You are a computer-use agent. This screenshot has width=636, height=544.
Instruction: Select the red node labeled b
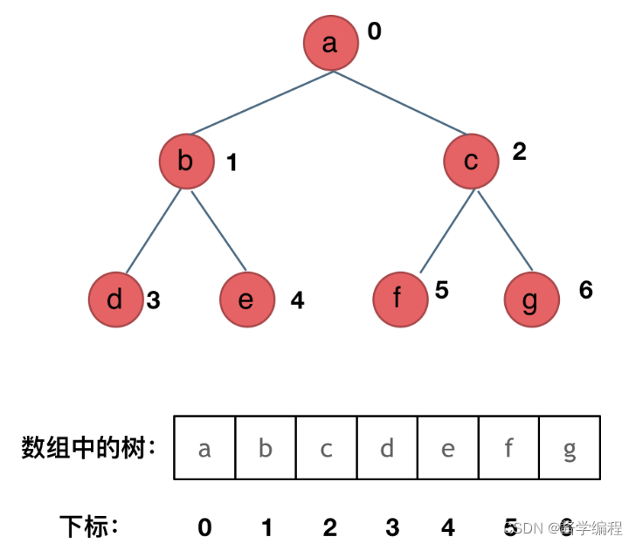tap(187, 161)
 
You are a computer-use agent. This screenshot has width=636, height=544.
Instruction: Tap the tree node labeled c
tap(471, 161)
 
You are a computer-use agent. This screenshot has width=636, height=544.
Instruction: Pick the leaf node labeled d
tap(115, 300)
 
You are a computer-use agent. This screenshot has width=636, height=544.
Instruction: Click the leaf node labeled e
tap(246, 300)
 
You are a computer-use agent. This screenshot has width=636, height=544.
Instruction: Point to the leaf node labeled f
tap(399, 300)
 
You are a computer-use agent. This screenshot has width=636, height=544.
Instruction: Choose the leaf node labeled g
tap(531, 300)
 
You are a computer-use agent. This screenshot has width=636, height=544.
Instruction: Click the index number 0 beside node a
tap(374, 32)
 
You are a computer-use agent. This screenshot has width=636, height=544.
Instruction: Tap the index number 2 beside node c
tap(519, 152)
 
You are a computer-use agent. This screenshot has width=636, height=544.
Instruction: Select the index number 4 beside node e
tap(297, 301)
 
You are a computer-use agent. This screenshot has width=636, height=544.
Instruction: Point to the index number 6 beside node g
tap(585, 290)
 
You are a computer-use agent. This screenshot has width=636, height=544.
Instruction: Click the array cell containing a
tap(204, 448)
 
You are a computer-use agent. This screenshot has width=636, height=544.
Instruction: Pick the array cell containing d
tap(387, 448)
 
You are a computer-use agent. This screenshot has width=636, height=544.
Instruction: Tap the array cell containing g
tap(570, 448)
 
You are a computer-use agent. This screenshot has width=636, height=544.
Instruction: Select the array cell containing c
tap(326, 448)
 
